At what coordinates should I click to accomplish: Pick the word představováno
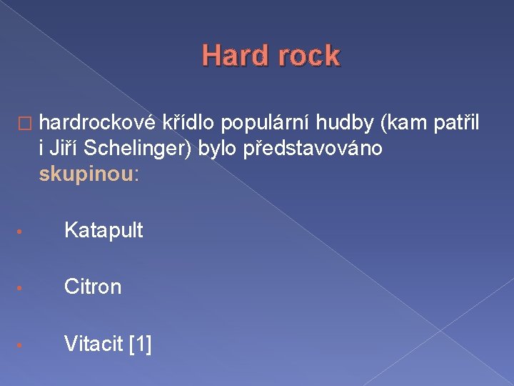pos(313,148)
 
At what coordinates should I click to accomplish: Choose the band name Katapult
pos(104,230)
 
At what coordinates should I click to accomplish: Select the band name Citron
pos(93,287)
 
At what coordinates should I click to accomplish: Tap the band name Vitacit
pos(94,344)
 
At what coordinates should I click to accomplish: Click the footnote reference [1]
pos(140,344)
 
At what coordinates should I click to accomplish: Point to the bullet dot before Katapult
pos(23,232)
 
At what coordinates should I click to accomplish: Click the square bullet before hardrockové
pos(26,125)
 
